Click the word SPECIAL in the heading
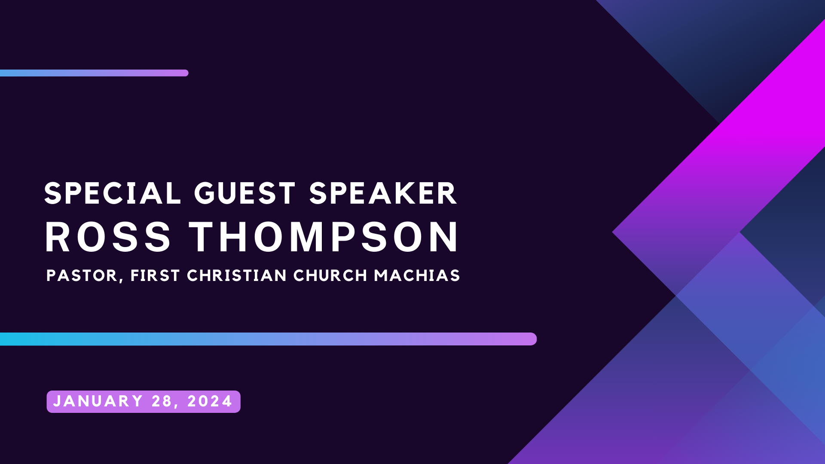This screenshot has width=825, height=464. (x=113, y=194)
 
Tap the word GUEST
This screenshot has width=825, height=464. (x=245, y=194)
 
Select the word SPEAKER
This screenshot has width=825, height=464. (x=383, y=194)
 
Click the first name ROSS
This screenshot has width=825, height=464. (x=108, y=237)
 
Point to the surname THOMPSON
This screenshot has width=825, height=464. (x=324, y=237)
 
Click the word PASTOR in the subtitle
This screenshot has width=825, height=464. (x=82, y=275)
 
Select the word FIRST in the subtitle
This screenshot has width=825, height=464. (x=155, y=275)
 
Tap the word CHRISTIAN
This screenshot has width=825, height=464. (x=237, y=275)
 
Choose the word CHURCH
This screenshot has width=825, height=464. (x=330, y=275)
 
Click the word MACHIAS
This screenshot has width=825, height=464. (x=417, y=275)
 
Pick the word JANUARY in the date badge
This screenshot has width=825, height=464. (x=98, y=401)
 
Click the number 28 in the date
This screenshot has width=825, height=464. (x=162, y=401)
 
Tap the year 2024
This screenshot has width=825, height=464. (x=210, y=401)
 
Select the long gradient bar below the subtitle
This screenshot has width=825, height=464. (x=266, y=339)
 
